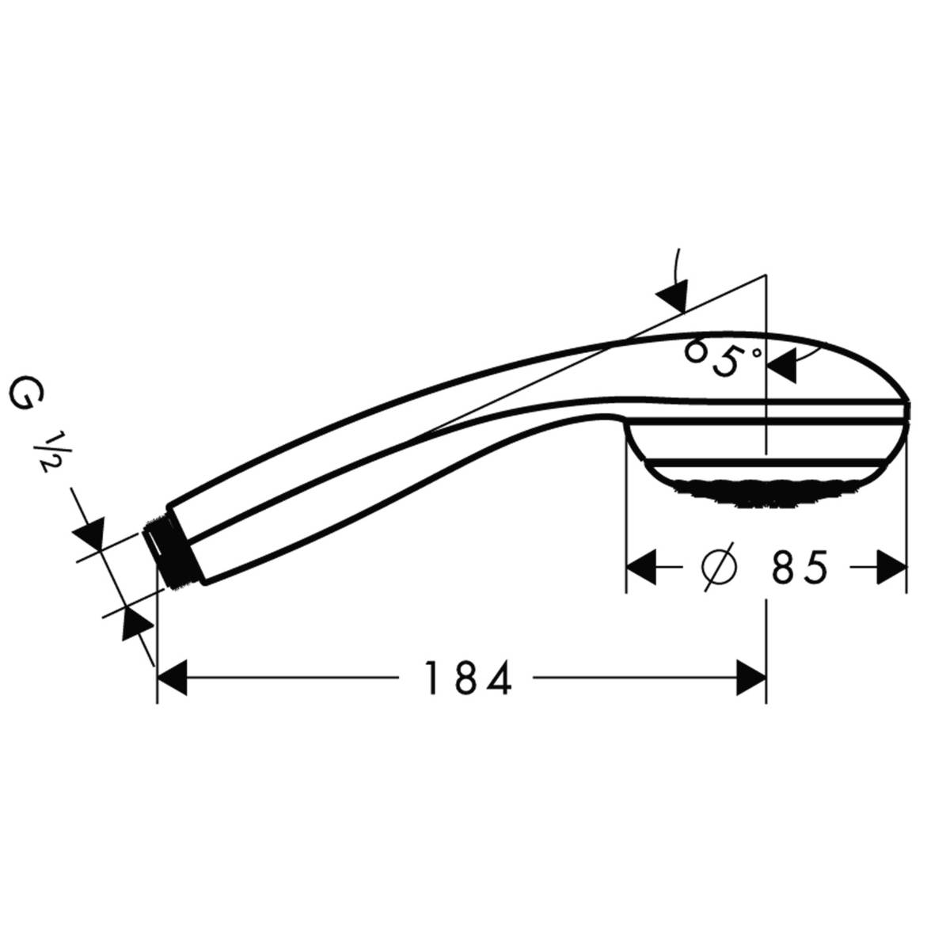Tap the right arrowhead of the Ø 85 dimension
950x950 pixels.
pos(891,567)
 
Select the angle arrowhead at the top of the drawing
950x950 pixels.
pos(673,296)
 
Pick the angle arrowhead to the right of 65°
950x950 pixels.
pos(782,366)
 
